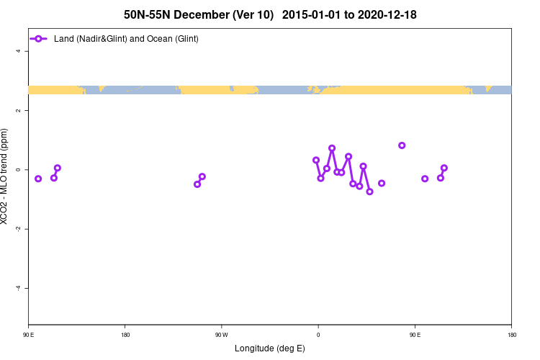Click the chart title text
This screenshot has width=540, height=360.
(x=270, y=14)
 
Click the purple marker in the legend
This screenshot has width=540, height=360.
(x=39, y=38)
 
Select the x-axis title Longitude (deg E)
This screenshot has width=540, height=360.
(x=270, y=348)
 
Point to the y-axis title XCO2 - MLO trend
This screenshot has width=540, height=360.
(x=6, y=176)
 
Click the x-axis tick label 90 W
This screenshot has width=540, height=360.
(x=221, y=335)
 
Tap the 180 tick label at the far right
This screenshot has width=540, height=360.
(x=512, y=335)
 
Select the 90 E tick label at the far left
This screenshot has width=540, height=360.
(x=29, y=335)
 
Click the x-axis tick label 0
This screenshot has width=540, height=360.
(x=318, y=335)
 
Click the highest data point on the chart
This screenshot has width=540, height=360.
(x=402, y=145)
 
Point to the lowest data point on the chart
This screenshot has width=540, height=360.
(x=369, y=192)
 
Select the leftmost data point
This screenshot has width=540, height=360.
(x=38, y=179)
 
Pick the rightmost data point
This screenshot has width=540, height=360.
(x=444, y=168)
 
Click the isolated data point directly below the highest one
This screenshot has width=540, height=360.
(x=382, y=183)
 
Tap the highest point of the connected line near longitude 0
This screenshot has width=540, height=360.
(x=332, y=148)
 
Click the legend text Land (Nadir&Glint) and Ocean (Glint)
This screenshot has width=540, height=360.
(x=126, y=38)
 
